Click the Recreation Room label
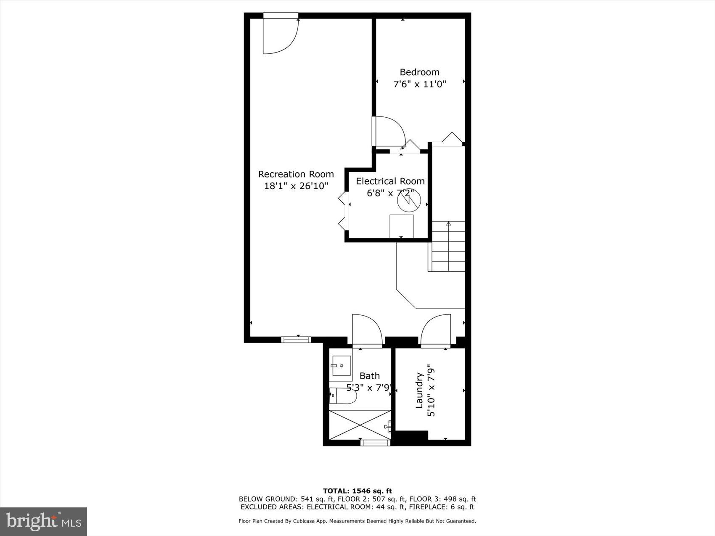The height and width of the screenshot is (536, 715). tap(296, 174)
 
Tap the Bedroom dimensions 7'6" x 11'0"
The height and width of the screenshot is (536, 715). tap(419, 84)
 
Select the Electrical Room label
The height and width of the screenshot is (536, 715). tap(390, 181)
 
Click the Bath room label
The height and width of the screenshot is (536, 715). tap(370, 376)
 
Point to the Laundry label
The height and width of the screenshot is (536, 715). tap(419, 390)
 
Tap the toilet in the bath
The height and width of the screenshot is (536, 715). tap(343, 396)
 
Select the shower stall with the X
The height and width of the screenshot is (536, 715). tap(360, 425)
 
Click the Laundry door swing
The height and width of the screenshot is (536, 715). tap(436, 330)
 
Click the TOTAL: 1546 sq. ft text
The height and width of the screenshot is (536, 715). tap(357, 491)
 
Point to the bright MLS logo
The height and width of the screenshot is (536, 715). tap(44, 522)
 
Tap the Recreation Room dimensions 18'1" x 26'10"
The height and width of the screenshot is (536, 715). tap(296, 186)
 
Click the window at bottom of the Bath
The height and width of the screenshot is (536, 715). tap(376, 442)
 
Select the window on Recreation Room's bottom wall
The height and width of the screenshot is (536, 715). tap(296, 339)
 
